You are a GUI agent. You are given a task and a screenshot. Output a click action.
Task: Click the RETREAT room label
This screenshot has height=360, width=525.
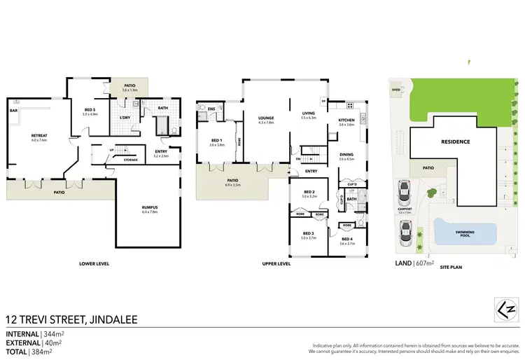(x=38, y=134)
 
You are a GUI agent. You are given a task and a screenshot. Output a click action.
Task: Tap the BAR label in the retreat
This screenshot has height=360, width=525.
(x=13, y=110)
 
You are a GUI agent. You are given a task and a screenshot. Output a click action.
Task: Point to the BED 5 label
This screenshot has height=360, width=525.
(x=90, y=110)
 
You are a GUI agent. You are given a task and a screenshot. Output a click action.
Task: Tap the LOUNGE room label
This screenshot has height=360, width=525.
(x=265, y=118)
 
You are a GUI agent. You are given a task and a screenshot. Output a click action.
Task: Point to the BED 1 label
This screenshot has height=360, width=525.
(x=217, y=140)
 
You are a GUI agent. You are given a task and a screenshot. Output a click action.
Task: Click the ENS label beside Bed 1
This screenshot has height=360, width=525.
(x=211, y=109)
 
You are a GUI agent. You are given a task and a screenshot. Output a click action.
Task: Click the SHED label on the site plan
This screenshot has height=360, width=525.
(x=395, y=90)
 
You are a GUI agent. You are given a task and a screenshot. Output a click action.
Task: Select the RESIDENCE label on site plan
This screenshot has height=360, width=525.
(x=455, y=141)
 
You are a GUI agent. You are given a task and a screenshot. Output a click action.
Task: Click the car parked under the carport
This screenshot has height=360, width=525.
(x=403, y=191)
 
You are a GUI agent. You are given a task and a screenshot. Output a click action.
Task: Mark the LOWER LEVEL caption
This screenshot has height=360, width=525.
(x=94, y=264)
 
